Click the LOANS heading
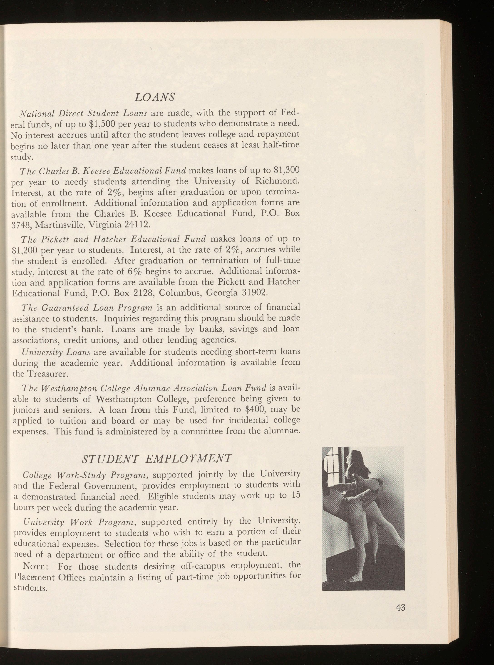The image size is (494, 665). (x=155, y=97)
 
